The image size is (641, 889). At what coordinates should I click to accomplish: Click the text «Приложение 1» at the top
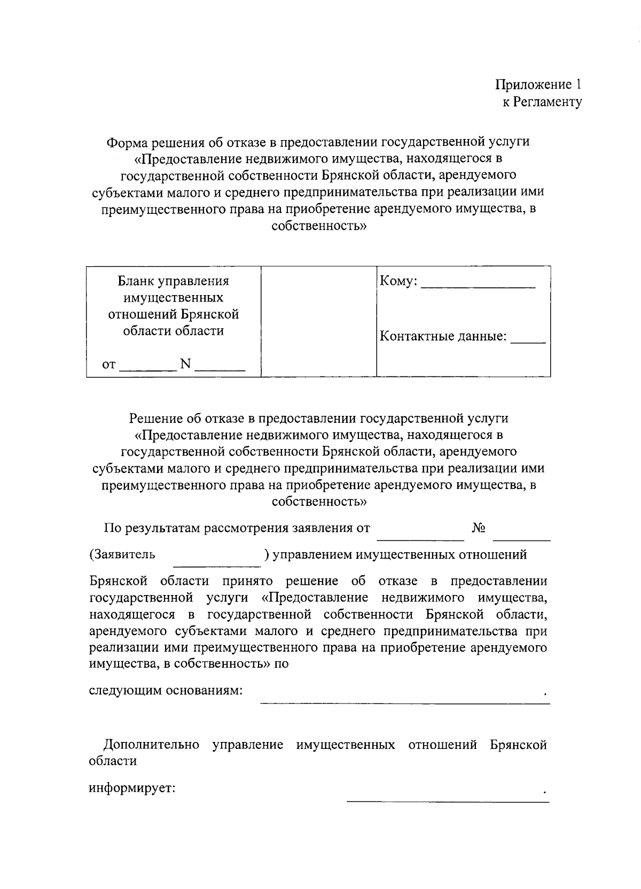point(538,84)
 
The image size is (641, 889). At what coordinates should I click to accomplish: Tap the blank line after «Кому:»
point(478,288)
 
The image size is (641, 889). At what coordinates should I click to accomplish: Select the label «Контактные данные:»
point(443,336)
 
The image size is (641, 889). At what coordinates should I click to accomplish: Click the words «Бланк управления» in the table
point(173,281)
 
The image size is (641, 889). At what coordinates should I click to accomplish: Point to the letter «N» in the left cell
point(185,364)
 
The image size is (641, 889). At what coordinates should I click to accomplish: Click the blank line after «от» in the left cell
point(147,369)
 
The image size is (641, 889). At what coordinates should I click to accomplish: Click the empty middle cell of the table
point(319,321)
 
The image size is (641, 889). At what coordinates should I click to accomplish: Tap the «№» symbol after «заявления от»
point(479,528)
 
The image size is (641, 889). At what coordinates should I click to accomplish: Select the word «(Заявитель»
point(122,554)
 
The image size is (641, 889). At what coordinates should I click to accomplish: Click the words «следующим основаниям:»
point(166,690)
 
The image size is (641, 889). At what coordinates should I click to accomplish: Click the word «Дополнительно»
point(152,745)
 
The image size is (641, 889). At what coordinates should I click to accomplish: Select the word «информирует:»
point(132,788)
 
